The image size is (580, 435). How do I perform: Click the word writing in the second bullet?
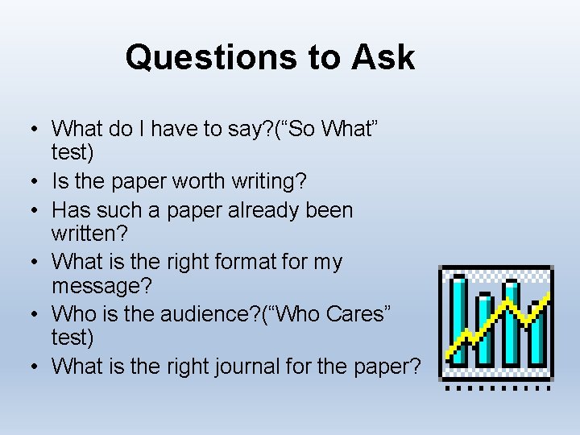(280, 181)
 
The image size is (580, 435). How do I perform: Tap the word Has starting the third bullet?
(70, 210)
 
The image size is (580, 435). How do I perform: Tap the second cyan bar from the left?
(485, 330)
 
